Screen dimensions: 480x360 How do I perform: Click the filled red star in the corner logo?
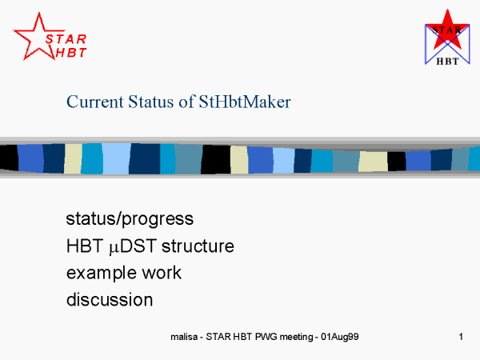click(x=447, y=30)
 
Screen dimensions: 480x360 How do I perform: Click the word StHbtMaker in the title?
click(x=245, y=102)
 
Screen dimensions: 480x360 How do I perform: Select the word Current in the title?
click(x=95, y=102)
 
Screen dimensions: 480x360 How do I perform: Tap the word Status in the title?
click(x=151, y=102)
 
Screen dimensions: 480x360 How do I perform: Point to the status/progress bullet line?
click(x=130, y=219)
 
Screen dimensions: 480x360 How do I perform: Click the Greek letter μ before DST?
click(x=114, y=247)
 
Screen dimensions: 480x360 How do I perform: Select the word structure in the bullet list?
click(x=198, y=246)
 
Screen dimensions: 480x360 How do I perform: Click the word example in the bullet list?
click(x=102, y=274)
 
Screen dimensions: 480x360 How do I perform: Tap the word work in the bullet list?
click(x=162, y=273)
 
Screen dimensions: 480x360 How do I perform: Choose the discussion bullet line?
click(x=110, y=299)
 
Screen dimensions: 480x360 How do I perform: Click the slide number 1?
click(x=461, y=337)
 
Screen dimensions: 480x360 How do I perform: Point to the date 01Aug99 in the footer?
click(x=340, y=337)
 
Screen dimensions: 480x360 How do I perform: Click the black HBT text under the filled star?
click(x=447, y=62)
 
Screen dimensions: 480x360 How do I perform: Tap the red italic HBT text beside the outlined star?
click(x=71, y=53)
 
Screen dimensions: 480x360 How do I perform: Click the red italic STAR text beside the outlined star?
click(x=66, y=39)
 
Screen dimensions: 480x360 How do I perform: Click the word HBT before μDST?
click(x=85, y=246)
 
